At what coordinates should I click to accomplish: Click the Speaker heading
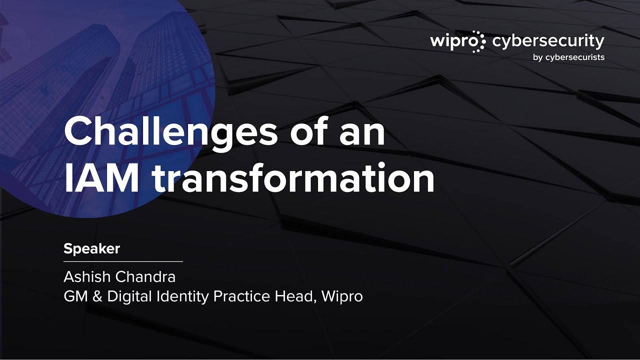coord(91,248)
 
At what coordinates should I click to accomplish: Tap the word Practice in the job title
coord(241,296)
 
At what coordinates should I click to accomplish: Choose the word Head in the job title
coord(294,296)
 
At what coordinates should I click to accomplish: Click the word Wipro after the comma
coord(342,297)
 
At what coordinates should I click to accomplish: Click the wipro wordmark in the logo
coord(450,41)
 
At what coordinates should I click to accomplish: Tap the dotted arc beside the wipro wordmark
coord(479,41)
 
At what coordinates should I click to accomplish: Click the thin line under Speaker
coord(123,261)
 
